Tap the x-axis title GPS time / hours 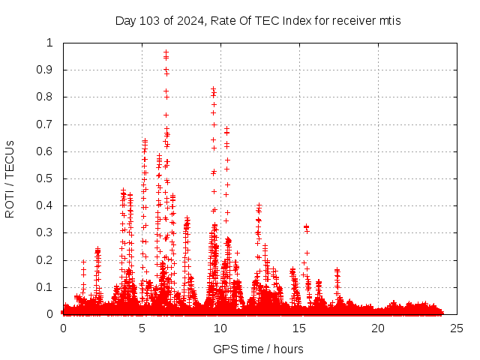pos(258,349)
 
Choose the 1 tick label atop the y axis pos(51,43)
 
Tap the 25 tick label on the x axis pos(457,328)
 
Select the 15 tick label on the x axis pos(299,328)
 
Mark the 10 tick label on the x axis pos(220,328)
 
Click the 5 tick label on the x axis pos(142,328)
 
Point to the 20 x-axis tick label pos(378,328)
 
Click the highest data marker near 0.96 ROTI pos(166,52)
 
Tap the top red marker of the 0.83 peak pos(214,88)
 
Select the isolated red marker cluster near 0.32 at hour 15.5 pos(306,226)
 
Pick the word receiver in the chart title pos(346,20)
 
